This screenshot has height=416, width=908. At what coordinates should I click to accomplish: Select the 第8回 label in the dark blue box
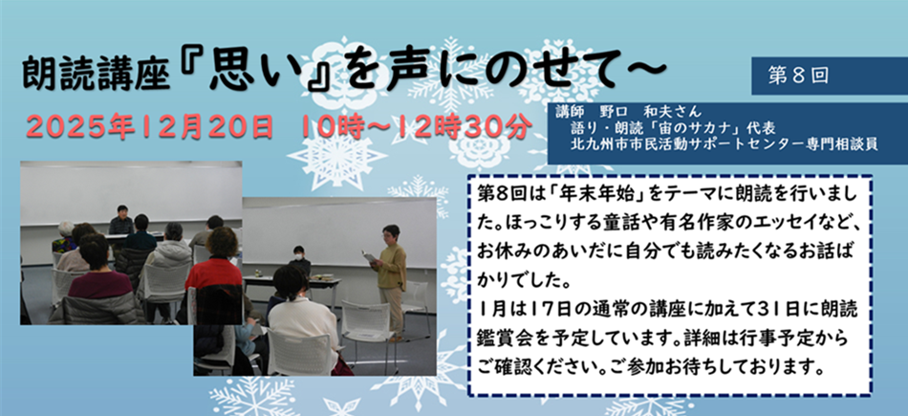(798, 76)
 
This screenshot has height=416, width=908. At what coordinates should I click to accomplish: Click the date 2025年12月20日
(149, 125)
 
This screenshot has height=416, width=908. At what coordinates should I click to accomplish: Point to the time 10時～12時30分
(415, 125)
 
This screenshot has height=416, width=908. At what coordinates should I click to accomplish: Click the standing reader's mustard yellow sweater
(392, 267)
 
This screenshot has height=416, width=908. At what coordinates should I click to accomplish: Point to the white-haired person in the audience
(64, 236)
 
